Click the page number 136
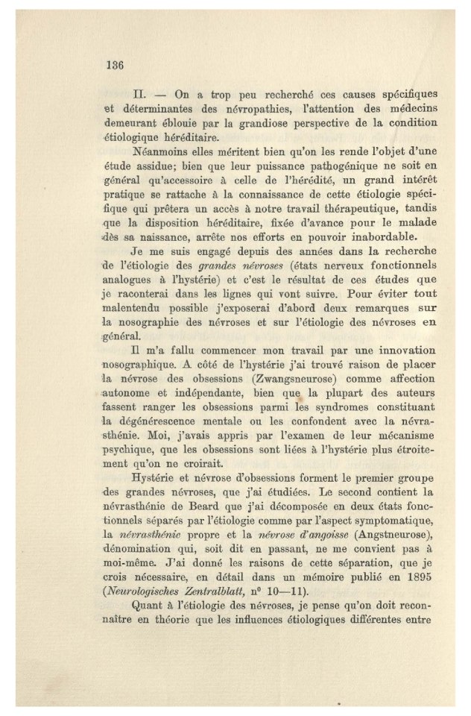pyautogui.click(x=113, y=64)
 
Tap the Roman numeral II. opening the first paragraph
pyautogui.click(x=139, y=98)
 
